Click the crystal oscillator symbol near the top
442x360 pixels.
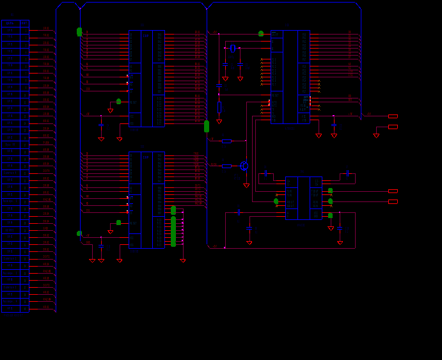233,48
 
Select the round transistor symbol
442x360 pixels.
244,166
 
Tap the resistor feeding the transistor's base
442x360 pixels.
226,166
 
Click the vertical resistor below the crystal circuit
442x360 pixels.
219,107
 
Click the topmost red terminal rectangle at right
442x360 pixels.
393,116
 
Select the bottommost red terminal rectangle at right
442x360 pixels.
393,201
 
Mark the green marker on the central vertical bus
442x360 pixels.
207,127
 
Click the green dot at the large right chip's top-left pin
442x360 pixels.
261,34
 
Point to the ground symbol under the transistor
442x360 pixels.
246,185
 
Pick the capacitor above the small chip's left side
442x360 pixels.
265,173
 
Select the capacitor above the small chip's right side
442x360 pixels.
347,173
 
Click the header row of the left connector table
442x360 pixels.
15,23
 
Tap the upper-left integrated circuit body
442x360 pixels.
146,78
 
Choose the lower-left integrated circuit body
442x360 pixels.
146,200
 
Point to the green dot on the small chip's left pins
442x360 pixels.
276,201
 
